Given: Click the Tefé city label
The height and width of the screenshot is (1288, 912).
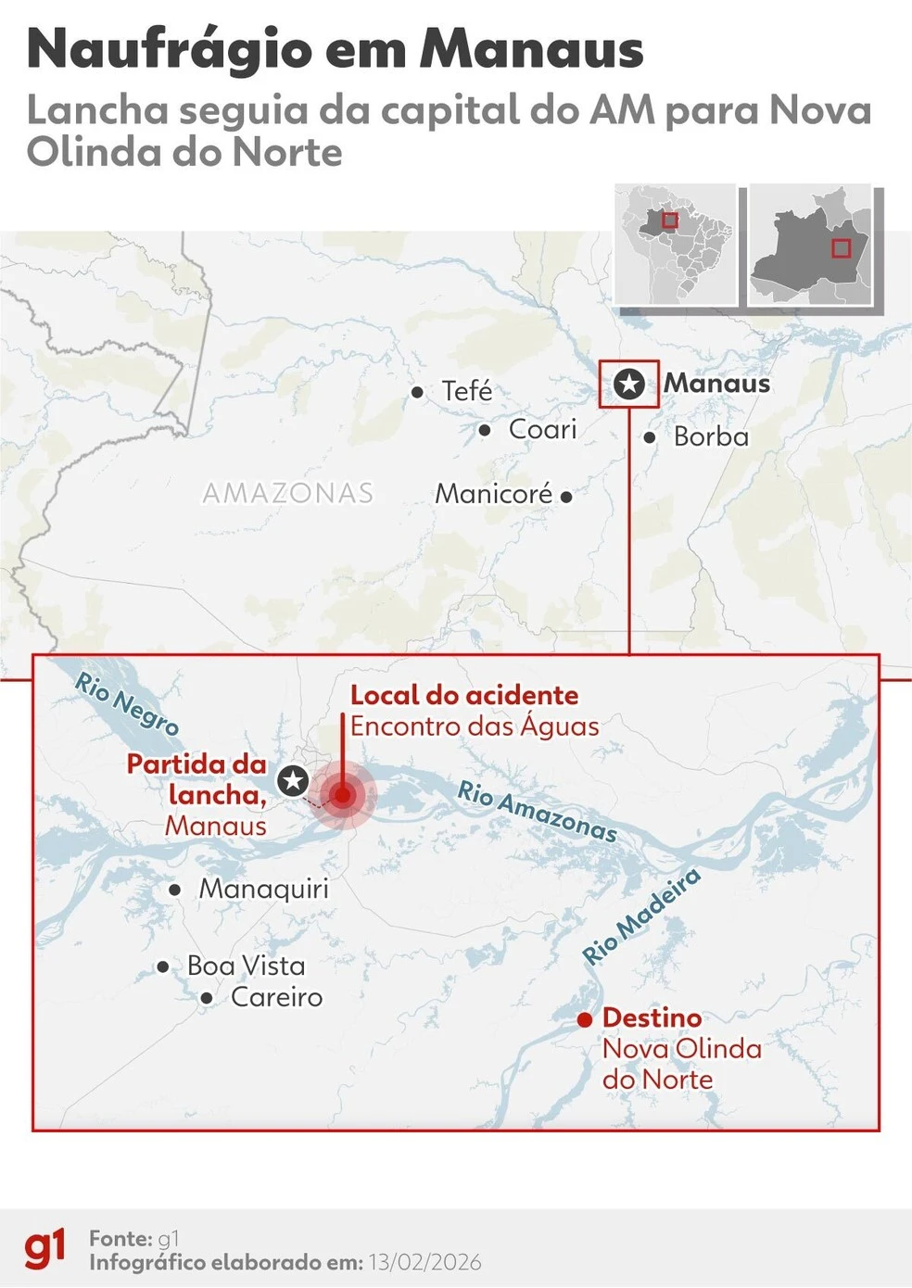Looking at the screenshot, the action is [466, 391].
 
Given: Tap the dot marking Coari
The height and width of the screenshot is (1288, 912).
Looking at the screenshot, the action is [485, 430].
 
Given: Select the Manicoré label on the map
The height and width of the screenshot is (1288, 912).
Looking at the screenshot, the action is [494, 494].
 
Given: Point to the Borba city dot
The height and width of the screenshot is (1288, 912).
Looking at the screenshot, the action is [650, 437].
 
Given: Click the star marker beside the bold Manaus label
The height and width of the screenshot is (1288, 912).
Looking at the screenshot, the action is [629, 384].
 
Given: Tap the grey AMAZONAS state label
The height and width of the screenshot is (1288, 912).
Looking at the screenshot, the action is [288, 493].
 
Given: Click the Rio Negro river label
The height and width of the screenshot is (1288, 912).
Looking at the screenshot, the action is [127, 704].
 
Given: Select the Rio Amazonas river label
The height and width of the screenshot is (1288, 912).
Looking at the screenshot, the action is [538, 811].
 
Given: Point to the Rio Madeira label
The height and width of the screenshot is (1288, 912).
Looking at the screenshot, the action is [641, 916].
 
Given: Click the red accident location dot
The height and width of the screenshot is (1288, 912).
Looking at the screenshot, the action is [343, 795].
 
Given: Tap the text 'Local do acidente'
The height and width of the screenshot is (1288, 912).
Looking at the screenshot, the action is [464, 695].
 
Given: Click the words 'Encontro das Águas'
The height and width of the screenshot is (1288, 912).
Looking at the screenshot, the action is [475, 726].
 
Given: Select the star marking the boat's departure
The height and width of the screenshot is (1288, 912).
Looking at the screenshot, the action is [294, 780].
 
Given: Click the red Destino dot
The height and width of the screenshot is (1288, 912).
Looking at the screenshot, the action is [585, 1019].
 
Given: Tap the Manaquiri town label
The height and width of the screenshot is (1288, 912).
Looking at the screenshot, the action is [264, 889].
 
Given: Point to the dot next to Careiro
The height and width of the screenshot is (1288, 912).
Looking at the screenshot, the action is [207, 998].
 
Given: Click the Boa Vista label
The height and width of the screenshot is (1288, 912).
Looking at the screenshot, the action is [246, 966].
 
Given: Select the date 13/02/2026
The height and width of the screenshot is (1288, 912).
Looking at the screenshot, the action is [424, 1262].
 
